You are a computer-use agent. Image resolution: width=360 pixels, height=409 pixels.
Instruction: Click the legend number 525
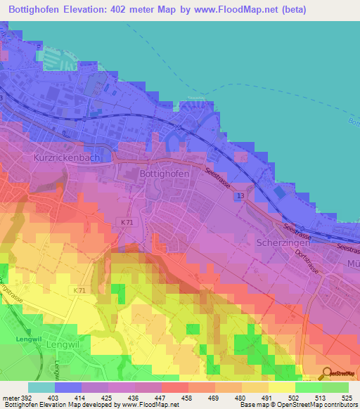347,398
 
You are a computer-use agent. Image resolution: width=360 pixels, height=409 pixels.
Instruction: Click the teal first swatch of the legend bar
41,387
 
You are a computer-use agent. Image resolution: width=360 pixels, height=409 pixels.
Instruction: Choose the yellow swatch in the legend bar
281,387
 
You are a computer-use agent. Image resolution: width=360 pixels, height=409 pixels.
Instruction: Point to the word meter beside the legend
11,398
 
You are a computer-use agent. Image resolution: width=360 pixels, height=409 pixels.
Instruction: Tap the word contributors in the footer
338,405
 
